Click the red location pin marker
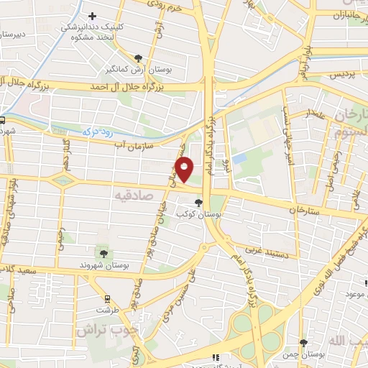click(x=185, y=170)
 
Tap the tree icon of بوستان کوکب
click(x=199, y=203)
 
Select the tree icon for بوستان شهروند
click(x=103, y=253)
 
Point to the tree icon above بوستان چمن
click(x=303, y=343)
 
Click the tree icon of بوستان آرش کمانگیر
click(x=138, y=58)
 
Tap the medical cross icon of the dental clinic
click(x=91, y=16)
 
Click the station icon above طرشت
click(x=108, y=298)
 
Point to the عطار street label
click(x=318, y=114)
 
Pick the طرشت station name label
click(x=107, y=310)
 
